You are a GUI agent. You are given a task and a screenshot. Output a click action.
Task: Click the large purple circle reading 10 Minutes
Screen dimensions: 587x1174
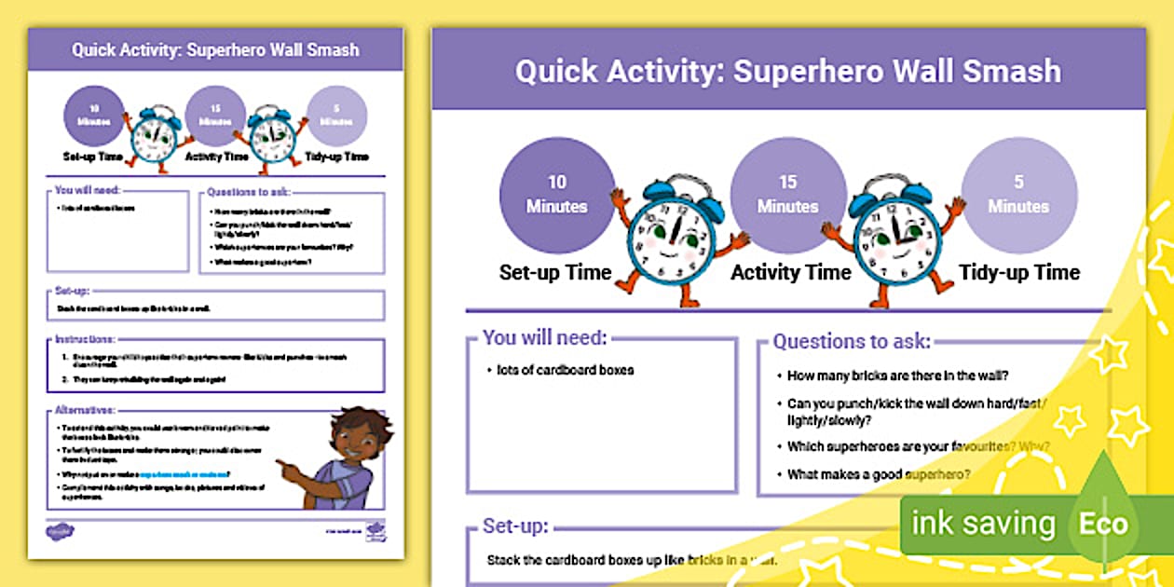pos(557,194)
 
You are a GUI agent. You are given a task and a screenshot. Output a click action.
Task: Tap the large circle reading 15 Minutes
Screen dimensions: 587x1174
pos(787,194)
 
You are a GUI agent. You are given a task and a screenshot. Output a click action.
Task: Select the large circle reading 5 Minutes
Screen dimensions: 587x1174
pos(1018,194)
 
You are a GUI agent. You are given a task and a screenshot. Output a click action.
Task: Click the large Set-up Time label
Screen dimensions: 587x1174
pos(555,273)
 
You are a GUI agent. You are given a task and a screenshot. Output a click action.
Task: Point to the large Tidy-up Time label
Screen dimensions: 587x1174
pos(1019,273)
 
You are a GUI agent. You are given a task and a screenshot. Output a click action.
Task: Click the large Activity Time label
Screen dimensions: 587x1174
pos(790,273)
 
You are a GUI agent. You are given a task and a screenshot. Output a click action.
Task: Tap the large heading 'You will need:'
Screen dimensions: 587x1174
pos(545,338)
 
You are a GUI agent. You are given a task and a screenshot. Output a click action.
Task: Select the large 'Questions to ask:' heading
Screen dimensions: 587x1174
pos(852,342)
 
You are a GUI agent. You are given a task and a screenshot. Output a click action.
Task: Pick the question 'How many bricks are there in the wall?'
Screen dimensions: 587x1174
pos(898,376)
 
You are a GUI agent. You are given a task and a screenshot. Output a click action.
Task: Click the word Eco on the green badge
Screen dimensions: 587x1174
pos(1103,524)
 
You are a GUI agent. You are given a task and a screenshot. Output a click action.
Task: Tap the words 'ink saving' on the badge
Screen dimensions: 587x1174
pos(983,524)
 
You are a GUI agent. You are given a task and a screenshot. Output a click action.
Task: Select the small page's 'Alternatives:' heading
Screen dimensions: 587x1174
pos(85,409)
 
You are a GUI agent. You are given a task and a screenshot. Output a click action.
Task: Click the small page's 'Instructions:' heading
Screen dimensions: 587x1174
pos(85,340)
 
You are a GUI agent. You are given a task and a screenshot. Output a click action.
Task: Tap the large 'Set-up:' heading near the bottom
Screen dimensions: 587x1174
pos(516,526)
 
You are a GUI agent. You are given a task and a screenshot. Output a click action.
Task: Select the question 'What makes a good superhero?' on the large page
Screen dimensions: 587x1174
pos(879,474)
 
